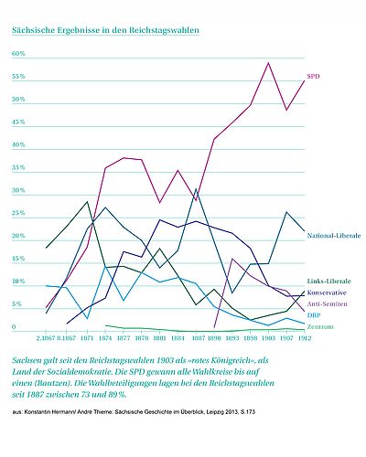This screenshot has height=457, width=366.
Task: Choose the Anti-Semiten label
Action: (327, 303)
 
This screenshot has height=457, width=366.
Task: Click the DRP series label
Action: (315, 315)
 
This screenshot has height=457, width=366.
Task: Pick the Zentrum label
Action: (319, 327)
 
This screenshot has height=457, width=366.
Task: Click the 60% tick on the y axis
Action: (17, 54)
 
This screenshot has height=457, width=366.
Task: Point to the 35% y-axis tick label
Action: (17, 168)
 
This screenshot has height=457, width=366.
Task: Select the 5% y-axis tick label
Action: (16, 304)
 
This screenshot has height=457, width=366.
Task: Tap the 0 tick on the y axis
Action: (14, 327)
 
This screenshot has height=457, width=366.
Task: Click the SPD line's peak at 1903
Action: (267, 63)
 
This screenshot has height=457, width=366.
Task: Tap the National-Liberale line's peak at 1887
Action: (197, 190)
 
